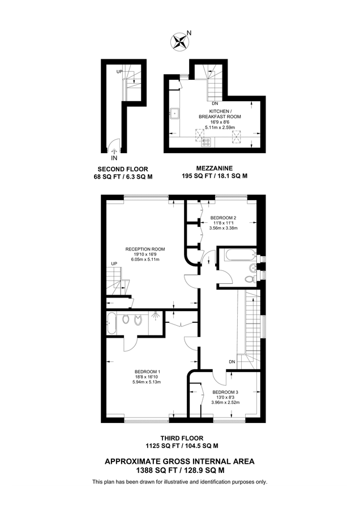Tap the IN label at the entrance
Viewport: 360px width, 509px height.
pyautogui.click(x=115, y=158)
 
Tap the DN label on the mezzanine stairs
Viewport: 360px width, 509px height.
pyautogui.click(x=214, y=103)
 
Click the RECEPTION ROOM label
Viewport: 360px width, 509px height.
pyautogui.click(x=145, y=249)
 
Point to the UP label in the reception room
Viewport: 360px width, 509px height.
pyautogui.click(x=114, y=264)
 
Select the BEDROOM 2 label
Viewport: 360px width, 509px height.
pyautogui.click(x=223, y=218)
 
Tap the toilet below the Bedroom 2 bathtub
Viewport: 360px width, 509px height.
pyautogui.click(x=249, y=279)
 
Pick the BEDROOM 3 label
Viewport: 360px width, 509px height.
pyautogui.click(x=225, y=392)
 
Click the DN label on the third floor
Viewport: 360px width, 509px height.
pyautogui.click(x=232, y=362)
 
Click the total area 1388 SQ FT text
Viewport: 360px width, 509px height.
pyautogui.click(x=179, y=469)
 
